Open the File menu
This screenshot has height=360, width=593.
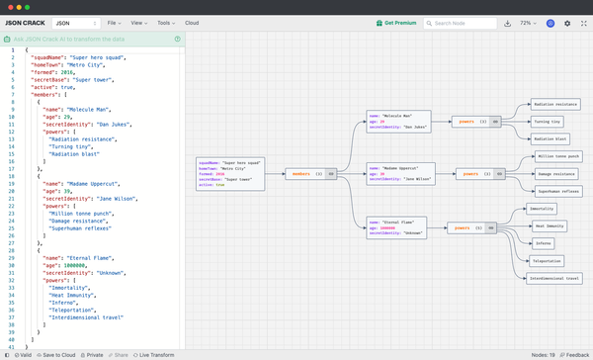pyautogui.click(x=114, y=22)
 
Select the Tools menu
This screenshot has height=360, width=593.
pyautogui.click(x=165, y=22)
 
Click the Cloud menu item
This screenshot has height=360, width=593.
pyautogui.click(x=192, y=22)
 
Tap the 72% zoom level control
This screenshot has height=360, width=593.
pyautogui.click(x=529, y=22)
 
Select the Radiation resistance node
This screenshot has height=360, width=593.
pyautogui.click(x=554, y=102)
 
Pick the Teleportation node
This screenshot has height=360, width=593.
pyautogui.click(x=547, y=261)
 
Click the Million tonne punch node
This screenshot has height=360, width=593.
pyautogui.click(x=558, y=156)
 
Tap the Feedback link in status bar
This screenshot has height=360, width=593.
pyautogui.click(x=576, y=353)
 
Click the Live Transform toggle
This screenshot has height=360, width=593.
pyautogui.click(x=154, y=353)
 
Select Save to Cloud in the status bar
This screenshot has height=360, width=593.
pyautogui.click(x=56, y=353)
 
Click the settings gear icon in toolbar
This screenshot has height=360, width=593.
pyautogui.click(x=567, y=22)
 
